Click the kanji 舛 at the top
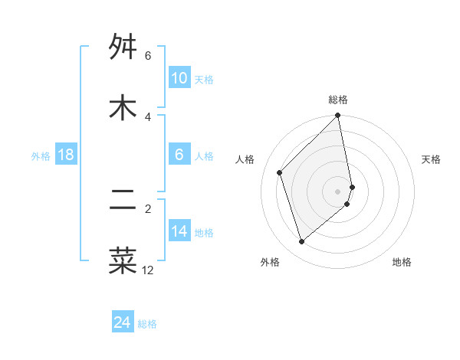click(123, 47)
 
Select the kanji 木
click(123, 108)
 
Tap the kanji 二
click(123, 200)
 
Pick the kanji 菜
click(123, 260)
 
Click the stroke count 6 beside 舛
click(148, 56)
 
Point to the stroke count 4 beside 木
click(148, 116)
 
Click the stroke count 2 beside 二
click(148, 208)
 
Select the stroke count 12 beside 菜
click(148, 270)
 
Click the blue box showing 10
click(179, 78)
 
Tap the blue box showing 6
click(179, 155)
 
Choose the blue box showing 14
click(179, 231)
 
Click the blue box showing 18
click(66, 155)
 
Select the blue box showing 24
click(123, 322)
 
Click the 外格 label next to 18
click(41, 156)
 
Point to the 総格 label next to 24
click(147, 324)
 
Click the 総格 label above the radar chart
click(338, 100)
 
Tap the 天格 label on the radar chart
click(432, 159)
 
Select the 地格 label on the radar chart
click(402, 262)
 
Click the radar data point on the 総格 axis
click(338, 116)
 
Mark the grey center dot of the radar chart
click(338, 191)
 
